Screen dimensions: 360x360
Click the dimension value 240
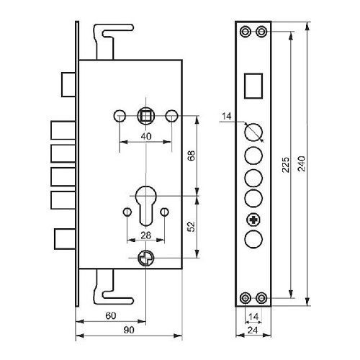pos(302,163)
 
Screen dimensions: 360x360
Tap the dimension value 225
pos(286,165)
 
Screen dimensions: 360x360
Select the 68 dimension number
pos(192,156)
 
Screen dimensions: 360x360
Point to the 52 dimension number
pos(192,226)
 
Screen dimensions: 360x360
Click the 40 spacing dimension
pos(146,136)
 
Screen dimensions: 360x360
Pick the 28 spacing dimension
pos(145,235)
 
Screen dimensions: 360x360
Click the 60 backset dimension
pos(111,315)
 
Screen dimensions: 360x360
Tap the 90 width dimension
pos(129,330)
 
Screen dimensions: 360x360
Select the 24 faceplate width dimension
pos(253,330)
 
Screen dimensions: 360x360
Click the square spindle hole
pos(145,116)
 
